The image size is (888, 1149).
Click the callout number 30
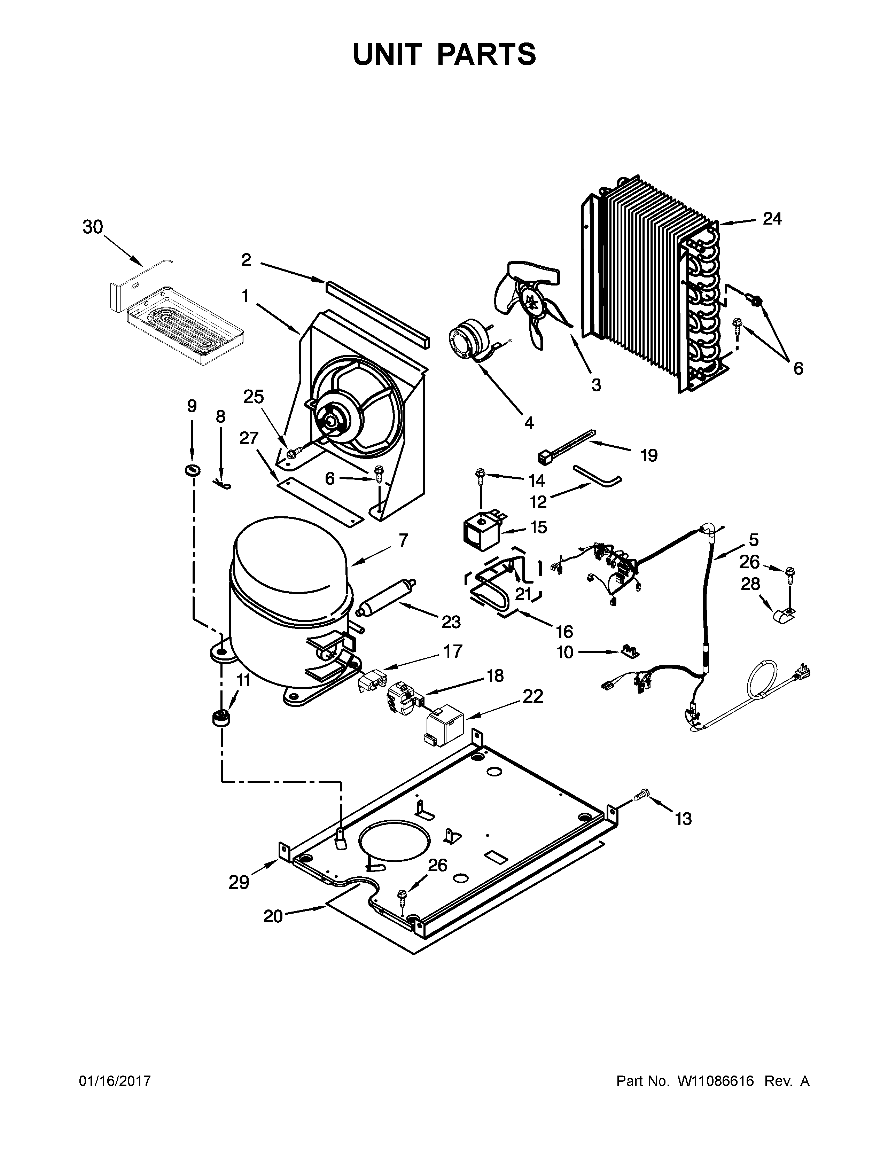click(93, 227)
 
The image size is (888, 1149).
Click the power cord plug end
click(804, 671)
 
